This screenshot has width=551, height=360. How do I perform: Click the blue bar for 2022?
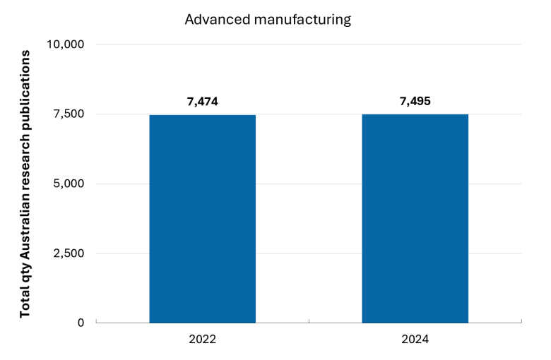pos(203,219)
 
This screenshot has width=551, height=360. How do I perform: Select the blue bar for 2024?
pos(415,218)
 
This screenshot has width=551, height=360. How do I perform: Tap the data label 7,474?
pos(203,102)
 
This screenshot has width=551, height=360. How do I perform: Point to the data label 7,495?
pos(415,101)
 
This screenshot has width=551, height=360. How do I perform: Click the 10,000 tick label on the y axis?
pos(66,44)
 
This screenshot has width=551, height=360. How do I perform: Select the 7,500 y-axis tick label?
pos(69,114)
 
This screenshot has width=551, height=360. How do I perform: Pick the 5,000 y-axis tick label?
pos(69,184)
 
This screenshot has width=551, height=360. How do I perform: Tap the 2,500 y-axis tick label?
pos(69,253)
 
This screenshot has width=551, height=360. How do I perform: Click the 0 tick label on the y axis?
pos(81,323)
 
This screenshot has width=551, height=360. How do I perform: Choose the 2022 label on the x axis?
pos(203,340)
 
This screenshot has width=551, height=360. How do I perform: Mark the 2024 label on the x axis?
pos(415,340)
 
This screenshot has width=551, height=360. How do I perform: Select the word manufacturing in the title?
pos(302,20)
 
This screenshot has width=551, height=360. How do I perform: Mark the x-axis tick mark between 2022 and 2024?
pos(309,321)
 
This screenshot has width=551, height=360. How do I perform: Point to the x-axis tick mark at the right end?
pos(521,321)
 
